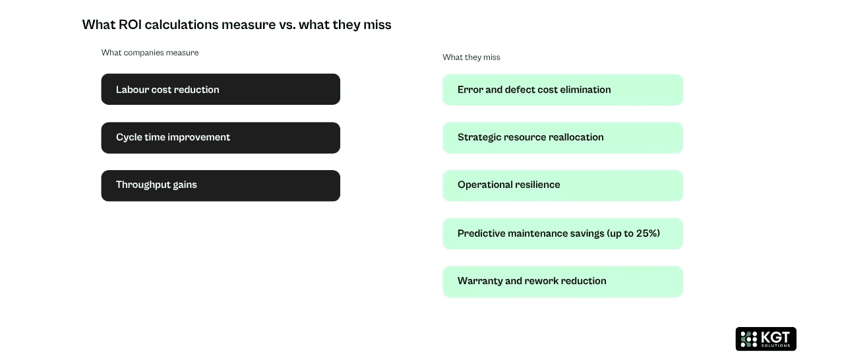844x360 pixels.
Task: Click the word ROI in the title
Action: (130, 25)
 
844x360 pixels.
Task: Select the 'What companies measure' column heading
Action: (150, 53)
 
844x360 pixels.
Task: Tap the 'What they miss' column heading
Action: (471, 57)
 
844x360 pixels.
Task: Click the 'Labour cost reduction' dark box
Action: (220, 90)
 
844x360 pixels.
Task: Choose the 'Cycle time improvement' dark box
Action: (220, 138)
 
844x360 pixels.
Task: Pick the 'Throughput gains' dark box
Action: (220, 185)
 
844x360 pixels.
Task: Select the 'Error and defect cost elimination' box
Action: (562, 90)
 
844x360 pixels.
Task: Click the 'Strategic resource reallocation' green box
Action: (562, 138)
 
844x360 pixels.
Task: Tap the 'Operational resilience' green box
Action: (562, 185)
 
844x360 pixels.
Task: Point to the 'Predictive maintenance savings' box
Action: (562, 234)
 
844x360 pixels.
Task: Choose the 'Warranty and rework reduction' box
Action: (562, 282)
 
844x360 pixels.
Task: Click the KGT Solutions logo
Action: (766, 339)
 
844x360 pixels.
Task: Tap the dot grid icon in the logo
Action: (748, 340)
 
